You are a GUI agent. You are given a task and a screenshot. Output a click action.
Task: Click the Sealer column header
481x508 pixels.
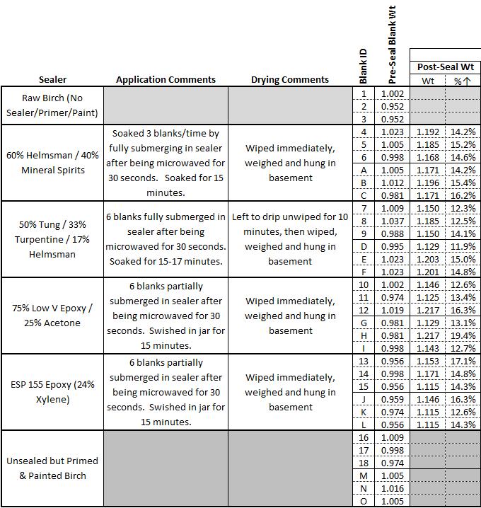pyautogui.click(x=52, y=80)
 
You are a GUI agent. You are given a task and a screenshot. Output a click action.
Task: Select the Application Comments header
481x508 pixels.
pyautogui.click(x=166, y=80)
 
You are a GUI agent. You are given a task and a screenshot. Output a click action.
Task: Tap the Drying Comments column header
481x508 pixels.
pyautogui.click(x=290, y=80)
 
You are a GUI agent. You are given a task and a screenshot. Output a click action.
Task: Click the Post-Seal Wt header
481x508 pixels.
pyautogui.click(x=445, y=67)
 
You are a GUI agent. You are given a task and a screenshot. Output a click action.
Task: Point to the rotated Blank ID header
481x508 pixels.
pyautogui.click(x=363, y=63)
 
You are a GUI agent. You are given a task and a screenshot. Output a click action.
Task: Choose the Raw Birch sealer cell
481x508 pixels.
pyautogui.click(x=52, y=105)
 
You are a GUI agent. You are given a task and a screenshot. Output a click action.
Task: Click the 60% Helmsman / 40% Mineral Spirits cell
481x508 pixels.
pyautogui.click(x=52, y=163)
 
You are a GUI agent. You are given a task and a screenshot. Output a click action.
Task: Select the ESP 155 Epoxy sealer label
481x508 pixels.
pyautogui.click(x=52, y=392)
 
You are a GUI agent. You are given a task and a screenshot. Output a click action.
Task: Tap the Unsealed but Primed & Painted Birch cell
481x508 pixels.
pyautogui.click(x=52, y=468)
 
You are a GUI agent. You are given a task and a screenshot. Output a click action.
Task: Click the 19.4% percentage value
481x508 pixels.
pyautogui.click(x=463, y=335)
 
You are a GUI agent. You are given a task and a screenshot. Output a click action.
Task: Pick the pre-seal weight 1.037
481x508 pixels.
pyautogui.click(x=393, y=221)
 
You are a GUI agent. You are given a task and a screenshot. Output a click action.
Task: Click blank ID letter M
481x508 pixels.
pyautogui.click(x=364, y=476)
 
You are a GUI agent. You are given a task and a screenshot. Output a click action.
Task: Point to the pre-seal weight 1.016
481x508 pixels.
pyautogui.click(x=393, y=489)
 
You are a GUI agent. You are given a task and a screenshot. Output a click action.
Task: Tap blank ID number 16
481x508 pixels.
pyautogui.click(x=364, y=437)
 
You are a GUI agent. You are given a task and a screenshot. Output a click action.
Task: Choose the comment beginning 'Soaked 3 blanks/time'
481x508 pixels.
pyautogui.click(x=166, y=163)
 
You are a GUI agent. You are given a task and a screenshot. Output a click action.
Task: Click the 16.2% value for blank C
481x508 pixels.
pyautogui.click(x=463, y=195)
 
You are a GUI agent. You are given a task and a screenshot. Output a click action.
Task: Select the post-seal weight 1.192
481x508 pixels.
pyautogui.click(x=427, y=132)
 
